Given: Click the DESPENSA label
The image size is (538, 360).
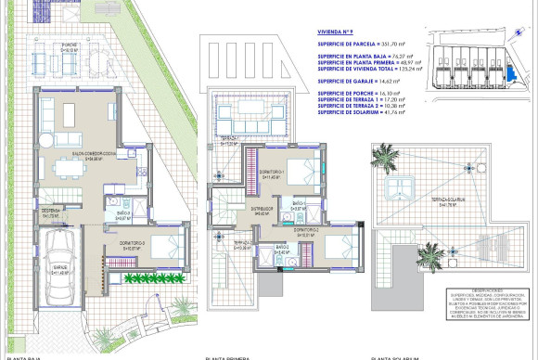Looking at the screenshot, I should (x=48, y=212).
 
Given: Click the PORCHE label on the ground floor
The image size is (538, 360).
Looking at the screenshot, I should (x=69, y=44).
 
